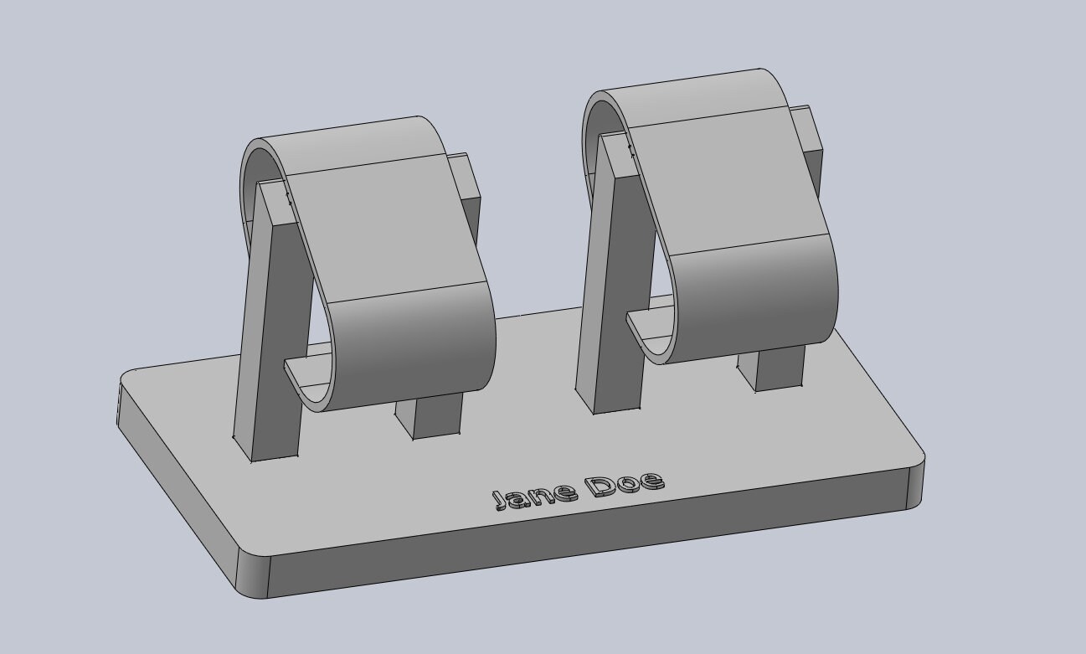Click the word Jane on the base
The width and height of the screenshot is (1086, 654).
(533, 495)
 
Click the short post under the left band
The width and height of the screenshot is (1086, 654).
(436, 418)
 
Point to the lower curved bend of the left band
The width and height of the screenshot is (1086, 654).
(419, 348)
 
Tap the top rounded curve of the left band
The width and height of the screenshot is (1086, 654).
(352, 142)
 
